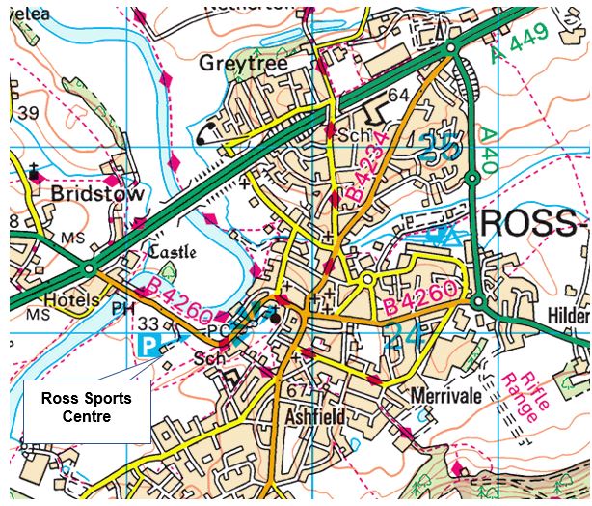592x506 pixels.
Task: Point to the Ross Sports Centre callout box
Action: click(86, 408)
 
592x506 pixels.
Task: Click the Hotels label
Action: click(72, 300)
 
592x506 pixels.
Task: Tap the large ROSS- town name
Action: click(532, 222)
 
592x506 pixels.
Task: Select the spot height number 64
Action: click(399, 94)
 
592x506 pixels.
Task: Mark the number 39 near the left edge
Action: click(28, 114)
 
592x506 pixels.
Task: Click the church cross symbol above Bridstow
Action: click(35, 172)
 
